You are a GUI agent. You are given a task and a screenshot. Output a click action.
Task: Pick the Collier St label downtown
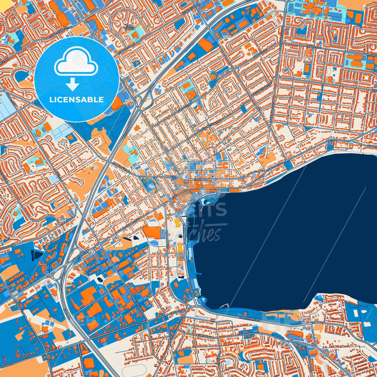point(201,180)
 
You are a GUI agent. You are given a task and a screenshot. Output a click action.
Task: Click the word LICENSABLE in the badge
point(77,100)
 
